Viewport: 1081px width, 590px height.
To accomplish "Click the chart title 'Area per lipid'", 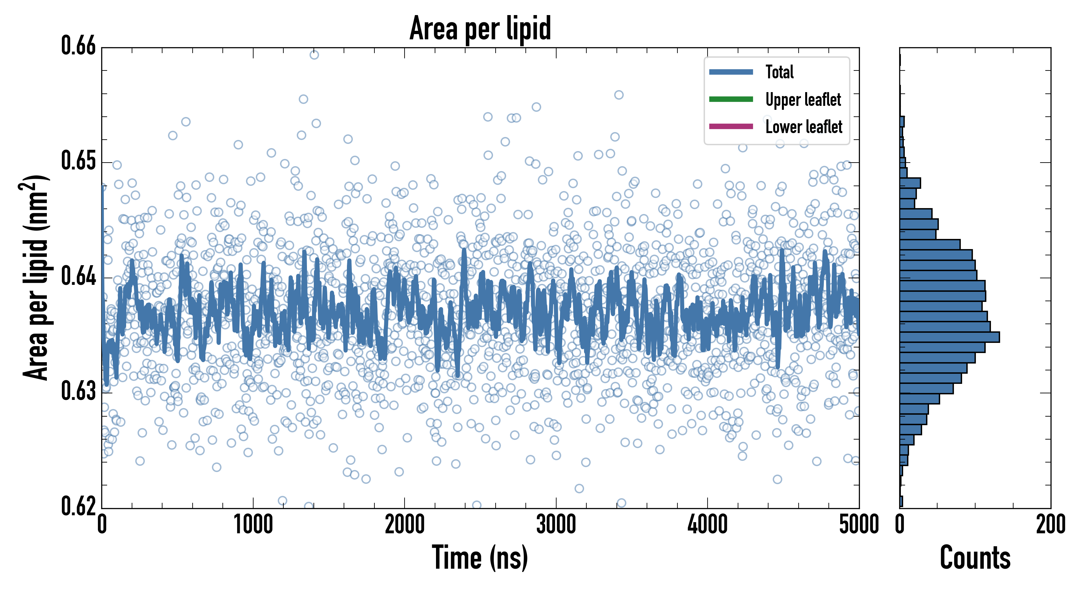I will pos(480,28).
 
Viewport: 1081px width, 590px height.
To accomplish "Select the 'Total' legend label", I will pos(779,72).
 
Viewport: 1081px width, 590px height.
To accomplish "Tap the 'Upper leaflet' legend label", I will pos(803,100).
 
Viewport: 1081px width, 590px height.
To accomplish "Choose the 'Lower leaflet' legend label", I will pos(804,127).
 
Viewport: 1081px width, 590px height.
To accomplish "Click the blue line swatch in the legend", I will pos(730,72).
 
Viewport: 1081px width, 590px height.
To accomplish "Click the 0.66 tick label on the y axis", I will pos(79,46).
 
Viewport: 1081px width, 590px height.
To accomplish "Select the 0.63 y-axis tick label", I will pos(79,391).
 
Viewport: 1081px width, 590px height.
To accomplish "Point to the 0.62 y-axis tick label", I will pos(79,506).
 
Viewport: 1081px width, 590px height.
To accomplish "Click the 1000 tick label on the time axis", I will pos(253,525).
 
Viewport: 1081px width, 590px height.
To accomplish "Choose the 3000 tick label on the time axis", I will pos(556,525).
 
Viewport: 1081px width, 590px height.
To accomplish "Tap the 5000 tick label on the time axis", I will pos(859,525).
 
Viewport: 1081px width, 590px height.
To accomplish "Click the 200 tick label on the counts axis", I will pos(1050,525).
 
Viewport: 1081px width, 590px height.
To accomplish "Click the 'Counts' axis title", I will pos(975,558).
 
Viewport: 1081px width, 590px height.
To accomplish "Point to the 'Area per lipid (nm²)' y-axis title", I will pos(36,277).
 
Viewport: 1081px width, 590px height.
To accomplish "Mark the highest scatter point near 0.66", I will pos(314,55).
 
